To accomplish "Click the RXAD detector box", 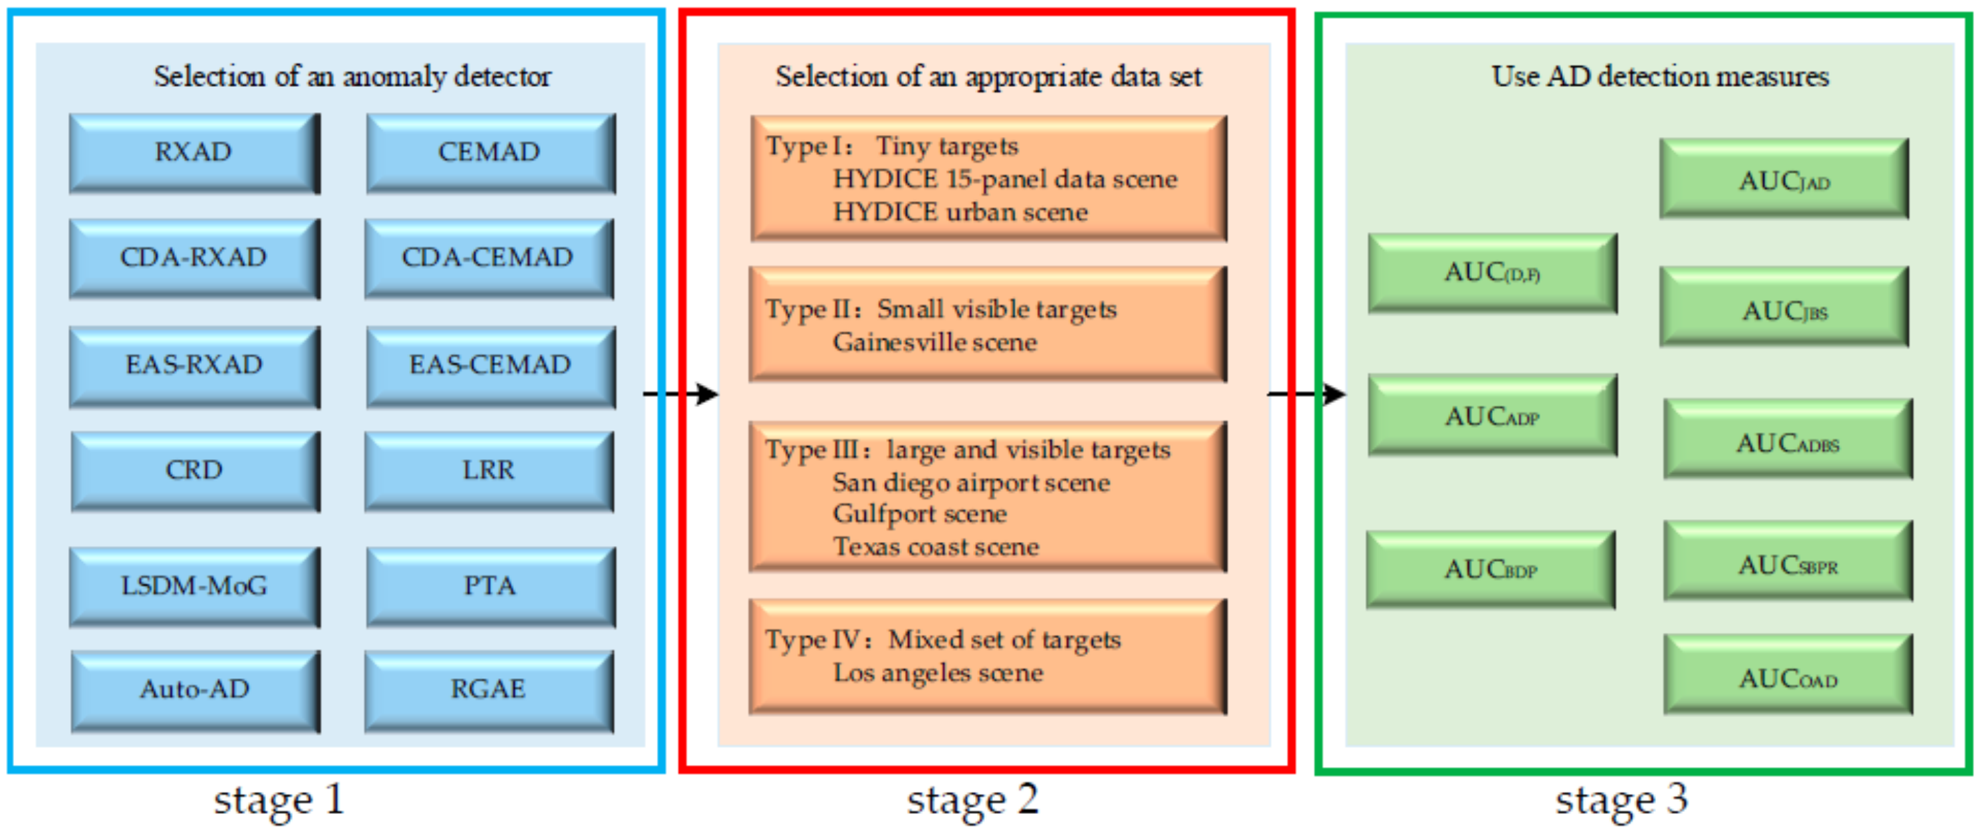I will point(194,153).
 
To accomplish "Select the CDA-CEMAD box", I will point(488,257).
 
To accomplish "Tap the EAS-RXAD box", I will point(194,365).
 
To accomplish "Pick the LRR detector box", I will point(488,470).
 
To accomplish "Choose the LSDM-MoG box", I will point(194,587).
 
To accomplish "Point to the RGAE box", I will point(488,690).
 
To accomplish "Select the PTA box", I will point(490,587).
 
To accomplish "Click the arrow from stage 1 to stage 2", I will point(680,394).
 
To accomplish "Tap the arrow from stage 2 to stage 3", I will point(1306,394).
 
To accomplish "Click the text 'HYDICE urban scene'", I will point(960,212).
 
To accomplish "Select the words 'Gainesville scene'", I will point(935,342).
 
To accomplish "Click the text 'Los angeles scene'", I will point(938,674).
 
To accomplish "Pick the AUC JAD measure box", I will point(1784,180).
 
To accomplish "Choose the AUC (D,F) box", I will point(1492,273).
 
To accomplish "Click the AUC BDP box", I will point(1490,569).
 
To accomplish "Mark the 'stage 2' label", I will point(972,799).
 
